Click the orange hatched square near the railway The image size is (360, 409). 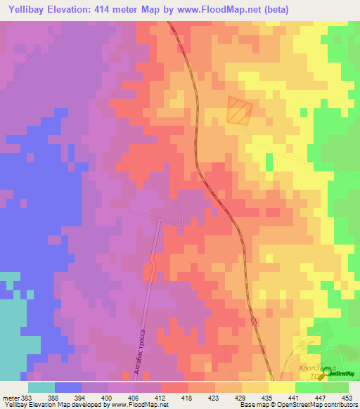click(x=239, y=111)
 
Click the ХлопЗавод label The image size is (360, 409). click(x=317, y=368)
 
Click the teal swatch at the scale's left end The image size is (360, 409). click(x=41, y=388)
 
